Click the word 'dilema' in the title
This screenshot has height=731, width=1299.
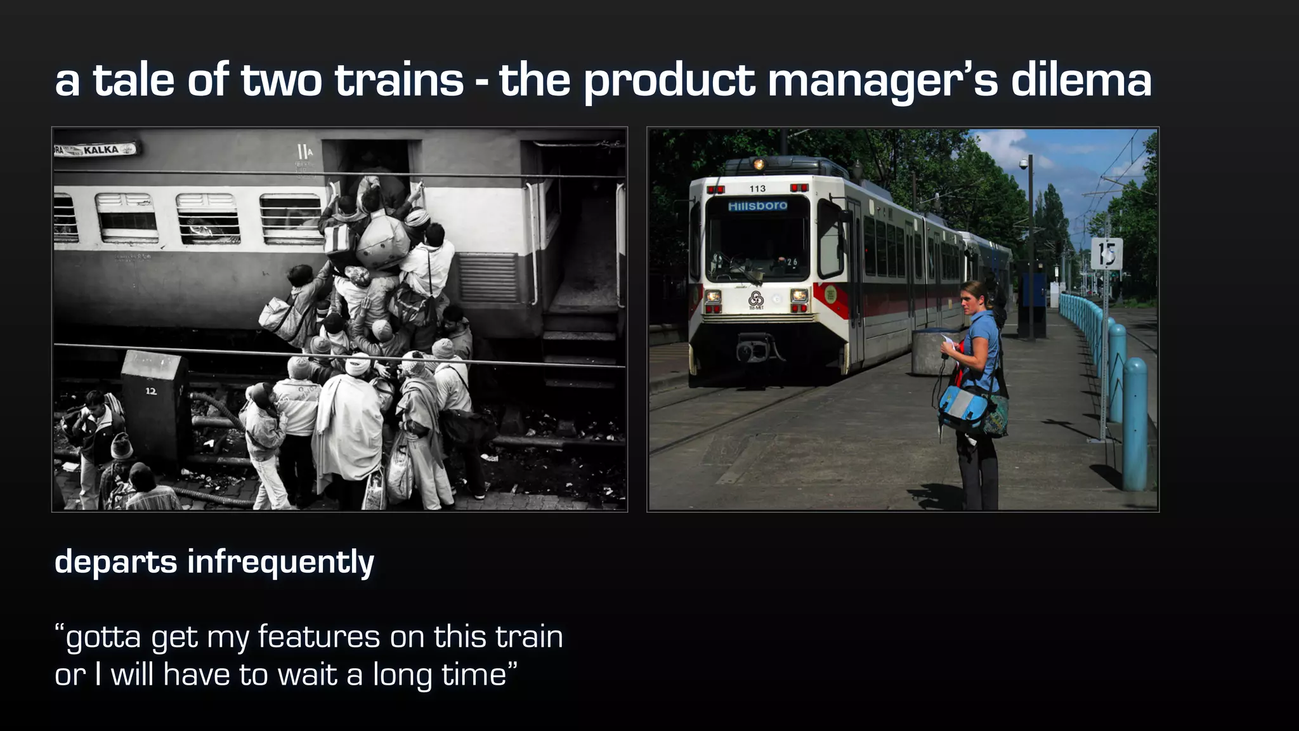point(1081,81)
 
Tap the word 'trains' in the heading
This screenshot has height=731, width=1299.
point(399,81)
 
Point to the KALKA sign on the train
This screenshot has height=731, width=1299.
point(101,150)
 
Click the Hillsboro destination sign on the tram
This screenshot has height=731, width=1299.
point(757,206)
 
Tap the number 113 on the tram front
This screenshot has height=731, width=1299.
point(757,188)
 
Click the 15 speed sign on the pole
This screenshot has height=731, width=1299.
point(1107,254)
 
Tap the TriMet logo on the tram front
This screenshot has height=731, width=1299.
point(755,298)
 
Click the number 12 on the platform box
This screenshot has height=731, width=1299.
point(151,391)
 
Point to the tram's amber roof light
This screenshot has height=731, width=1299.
point(759,164)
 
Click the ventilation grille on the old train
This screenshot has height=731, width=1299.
point(488,277)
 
